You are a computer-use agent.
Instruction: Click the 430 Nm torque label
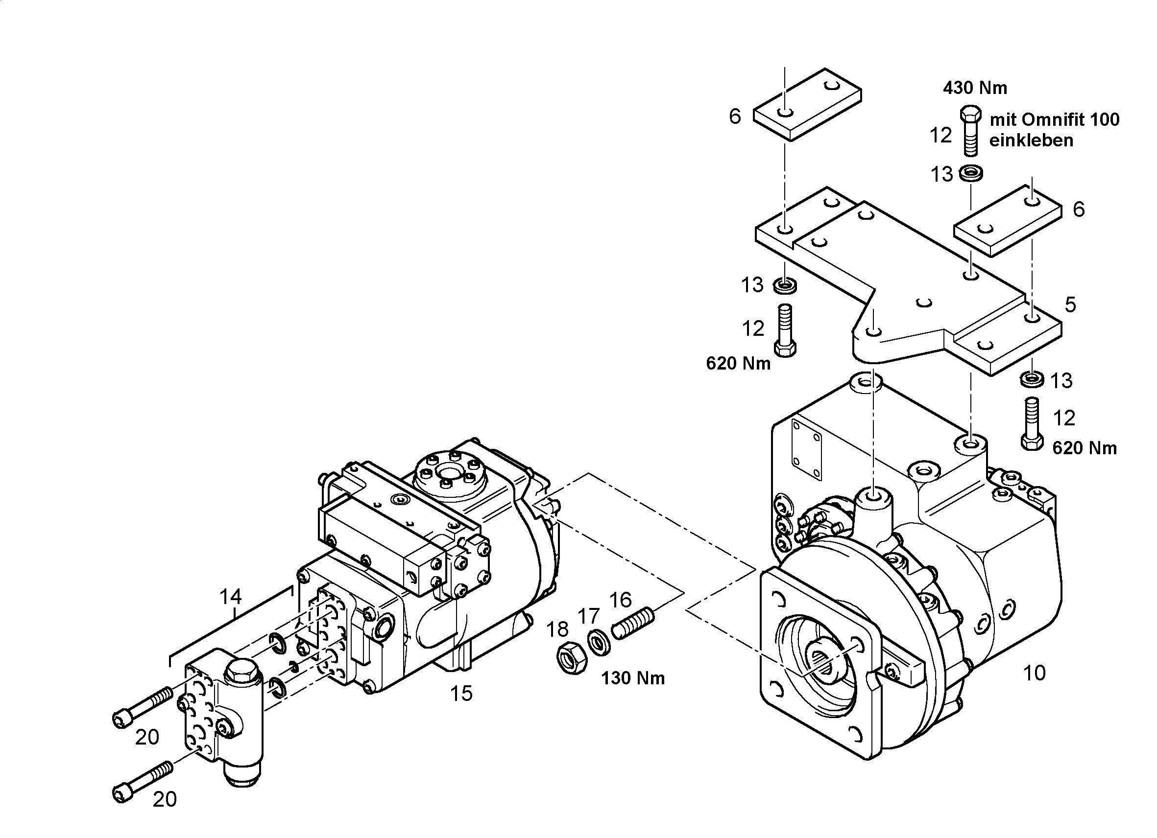[975, 88]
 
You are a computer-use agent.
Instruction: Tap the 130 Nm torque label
[633, 678]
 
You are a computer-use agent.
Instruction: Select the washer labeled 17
[599, 643]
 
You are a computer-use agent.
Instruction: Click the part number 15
[461, 693]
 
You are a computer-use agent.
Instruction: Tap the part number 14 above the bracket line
[231, 596]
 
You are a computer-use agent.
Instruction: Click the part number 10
[1035, 674]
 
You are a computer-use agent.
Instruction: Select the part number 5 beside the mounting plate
[1070, 305]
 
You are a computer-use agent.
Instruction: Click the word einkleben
[1032, 140]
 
